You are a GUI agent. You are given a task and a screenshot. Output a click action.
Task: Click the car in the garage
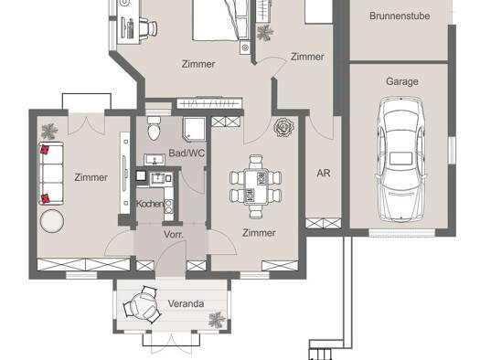401,159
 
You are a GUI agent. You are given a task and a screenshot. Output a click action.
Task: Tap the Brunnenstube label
400,16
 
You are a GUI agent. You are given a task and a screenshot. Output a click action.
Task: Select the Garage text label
402,81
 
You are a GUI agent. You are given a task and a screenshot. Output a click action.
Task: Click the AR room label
324,174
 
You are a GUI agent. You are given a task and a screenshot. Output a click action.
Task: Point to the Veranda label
186,303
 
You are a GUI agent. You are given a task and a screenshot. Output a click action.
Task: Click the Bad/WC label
187,153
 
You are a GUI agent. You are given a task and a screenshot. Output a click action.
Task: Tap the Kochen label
150,204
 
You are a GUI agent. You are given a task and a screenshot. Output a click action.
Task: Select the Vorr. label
174,235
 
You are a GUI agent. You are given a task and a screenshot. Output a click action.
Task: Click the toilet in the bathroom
154,128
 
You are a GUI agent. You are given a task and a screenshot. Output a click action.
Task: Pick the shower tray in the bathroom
194,129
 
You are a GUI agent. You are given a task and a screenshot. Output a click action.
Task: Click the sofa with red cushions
51,173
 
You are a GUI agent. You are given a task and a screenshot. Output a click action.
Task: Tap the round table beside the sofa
52,221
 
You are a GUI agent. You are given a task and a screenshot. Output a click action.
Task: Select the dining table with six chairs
256,186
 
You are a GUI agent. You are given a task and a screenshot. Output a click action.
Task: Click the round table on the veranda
144,305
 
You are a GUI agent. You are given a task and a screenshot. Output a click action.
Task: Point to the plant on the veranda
217,320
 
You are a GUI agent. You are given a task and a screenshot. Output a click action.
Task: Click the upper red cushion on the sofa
45,149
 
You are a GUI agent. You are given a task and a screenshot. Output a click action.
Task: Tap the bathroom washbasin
155,160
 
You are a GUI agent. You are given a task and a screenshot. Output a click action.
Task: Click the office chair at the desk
148,27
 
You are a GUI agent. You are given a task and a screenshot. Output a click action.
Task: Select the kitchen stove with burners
168,206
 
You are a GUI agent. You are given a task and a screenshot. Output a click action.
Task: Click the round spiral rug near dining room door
283,127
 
